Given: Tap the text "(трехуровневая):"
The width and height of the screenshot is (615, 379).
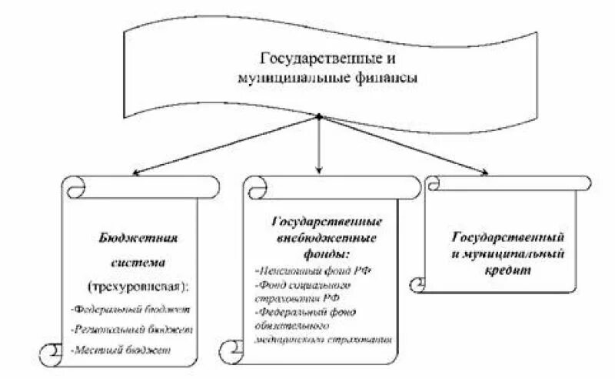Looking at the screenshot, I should (138, 286).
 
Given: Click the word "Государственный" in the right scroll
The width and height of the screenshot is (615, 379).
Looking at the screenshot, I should (509, 235).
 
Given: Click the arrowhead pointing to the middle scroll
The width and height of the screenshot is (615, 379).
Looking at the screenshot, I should (319, 169).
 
